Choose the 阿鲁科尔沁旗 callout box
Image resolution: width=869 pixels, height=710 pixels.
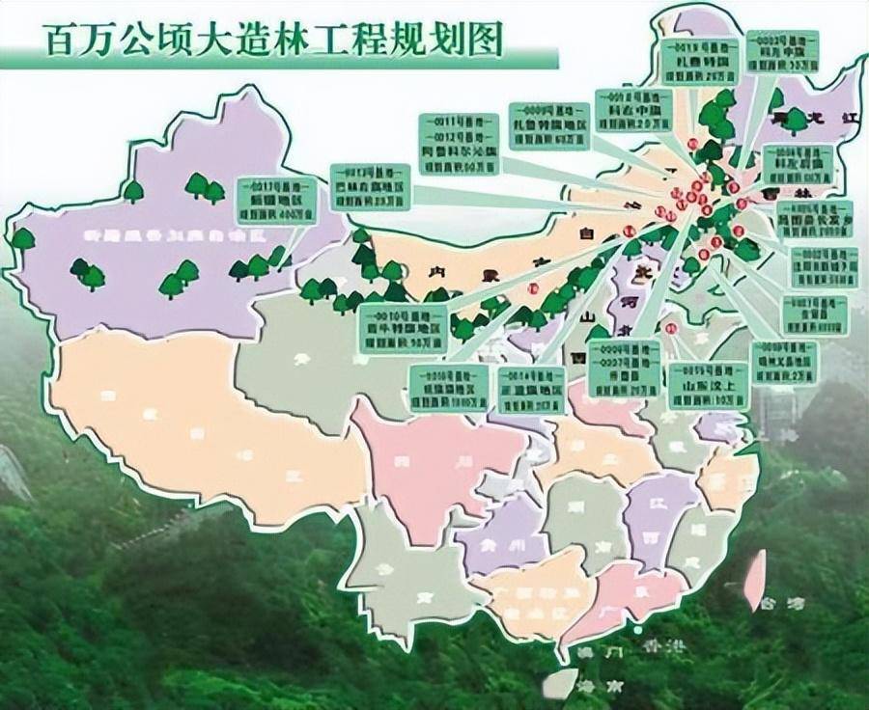(x=461, y=143)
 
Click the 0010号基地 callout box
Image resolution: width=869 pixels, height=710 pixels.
(x=405, y=321)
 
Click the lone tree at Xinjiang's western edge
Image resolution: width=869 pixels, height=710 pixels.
(x=21, y=238)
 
